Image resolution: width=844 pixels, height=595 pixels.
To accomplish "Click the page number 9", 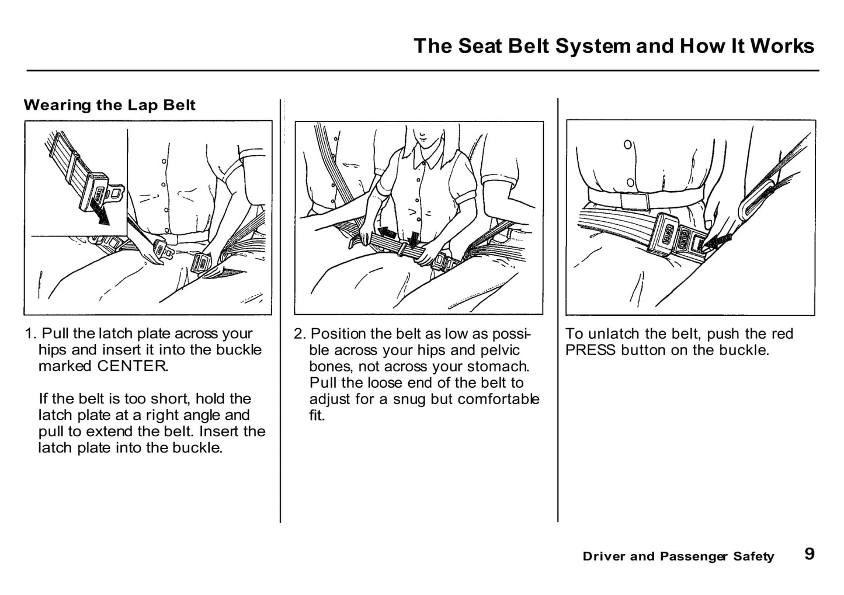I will point(809,554).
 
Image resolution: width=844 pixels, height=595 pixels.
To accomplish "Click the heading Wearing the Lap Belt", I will point(109,105).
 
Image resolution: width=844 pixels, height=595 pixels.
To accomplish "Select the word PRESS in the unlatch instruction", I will point(591,350).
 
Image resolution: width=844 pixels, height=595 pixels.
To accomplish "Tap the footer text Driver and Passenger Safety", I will point(678,556).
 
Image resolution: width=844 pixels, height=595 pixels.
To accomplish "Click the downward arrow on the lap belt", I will point(414,239).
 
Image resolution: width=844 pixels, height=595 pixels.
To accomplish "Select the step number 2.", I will point(299,334).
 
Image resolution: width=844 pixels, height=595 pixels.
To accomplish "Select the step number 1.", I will point(30,334).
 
